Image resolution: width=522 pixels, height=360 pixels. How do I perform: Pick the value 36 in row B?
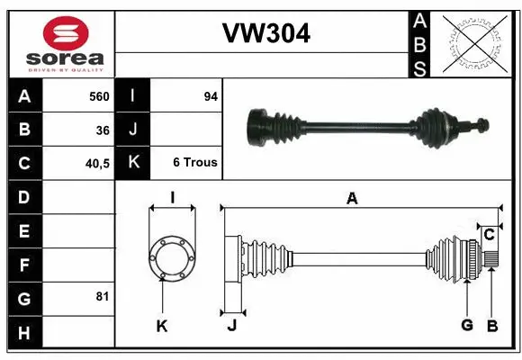pyautogui.click(x=102, y=130)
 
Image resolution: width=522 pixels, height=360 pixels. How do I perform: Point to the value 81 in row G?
pyautogui.click(x=102, y=296)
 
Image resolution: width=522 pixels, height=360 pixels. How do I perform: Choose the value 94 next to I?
pyautogui.click(x=211, y=95)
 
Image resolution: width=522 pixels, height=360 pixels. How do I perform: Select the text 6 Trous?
pyautogui.click(x=195, y=163)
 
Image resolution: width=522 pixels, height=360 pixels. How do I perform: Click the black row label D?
pyautogui.click(x=23, y=196)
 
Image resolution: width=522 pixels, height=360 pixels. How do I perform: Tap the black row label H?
pyautogui.click(x=23, y=332)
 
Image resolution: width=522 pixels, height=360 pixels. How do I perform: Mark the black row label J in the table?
pyautogui.click(x=133, y=130)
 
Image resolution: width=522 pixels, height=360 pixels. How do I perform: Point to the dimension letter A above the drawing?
pyautogui.click(x=352, y=200)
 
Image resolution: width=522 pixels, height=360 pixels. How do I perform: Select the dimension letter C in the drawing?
pyautogui.click(x=489, y=235)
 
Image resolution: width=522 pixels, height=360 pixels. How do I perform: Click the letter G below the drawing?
pyautogui.click(x=466, y=324)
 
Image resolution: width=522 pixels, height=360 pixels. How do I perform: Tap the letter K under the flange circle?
pyautogui.click(x=162, y=326)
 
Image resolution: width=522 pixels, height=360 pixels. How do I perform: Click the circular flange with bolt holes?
pyautogui.click(x=171, y=256)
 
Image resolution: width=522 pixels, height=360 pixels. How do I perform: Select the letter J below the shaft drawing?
pyautogui.click(x=231, y=326)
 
